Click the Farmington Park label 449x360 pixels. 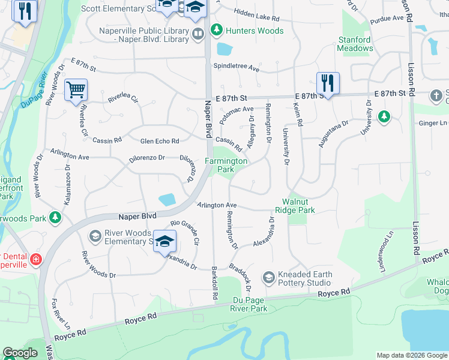click(226, 165)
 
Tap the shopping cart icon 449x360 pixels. click(76, 91)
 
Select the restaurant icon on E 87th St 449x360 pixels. click(328, 83)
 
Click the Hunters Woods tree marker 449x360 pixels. click(216, 29)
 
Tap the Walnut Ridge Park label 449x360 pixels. click(295, 206)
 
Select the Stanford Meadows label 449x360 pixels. click(355, 44)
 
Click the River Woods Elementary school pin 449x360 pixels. click(164, 242)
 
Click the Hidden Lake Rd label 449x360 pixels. click(257, 16)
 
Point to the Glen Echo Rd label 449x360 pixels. click(159, 141)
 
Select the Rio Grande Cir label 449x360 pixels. click(184, 229)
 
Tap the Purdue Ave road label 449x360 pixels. click(388, 19)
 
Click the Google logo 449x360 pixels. click(20, 353)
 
